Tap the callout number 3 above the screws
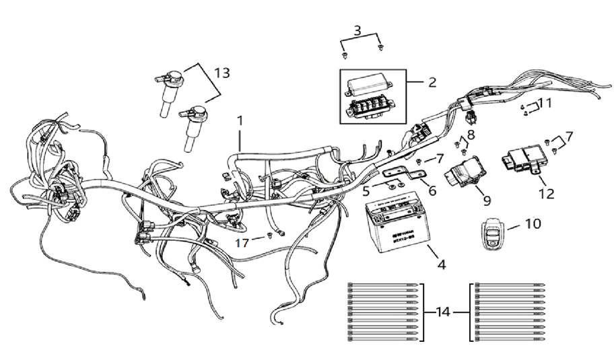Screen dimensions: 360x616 tap(357, 30)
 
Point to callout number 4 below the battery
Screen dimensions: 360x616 tap(442, 264)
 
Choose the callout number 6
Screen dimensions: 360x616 tap(432, 190)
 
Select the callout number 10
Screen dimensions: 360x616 tap(533, 223)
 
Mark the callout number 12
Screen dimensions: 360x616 tap(546, 194)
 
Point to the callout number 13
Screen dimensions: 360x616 tap(221, 72)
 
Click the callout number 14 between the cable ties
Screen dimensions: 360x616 tap(444, 312)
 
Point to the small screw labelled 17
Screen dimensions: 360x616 tap(270, 235)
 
